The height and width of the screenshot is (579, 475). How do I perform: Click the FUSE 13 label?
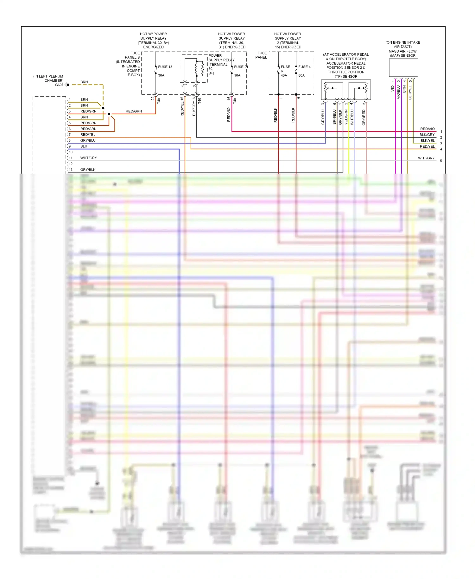click(165, 67)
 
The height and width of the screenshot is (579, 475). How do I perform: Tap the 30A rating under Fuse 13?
click(161, 75)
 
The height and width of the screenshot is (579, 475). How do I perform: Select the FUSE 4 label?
click(304, 67)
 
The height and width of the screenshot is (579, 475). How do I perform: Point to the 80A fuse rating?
click(301, 75)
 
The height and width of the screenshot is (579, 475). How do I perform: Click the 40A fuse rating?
click(284, 75)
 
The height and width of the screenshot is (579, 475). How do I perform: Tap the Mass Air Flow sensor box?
click(403, 67)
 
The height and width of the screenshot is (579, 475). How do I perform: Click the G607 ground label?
click(59, 85)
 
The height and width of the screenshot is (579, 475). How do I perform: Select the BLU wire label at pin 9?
click(84, 146)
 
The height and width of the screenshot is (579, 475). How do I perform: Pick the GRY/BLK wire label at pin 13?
click(88, 170)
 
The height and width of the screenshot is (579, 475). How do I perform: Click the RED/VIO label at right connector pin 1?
click(427, 129)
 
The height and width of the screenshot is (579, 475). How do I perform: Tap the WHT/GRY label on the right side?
click(426, 158)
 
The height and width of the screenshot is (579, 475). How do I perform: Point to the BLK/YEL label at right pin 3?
click(427, 141)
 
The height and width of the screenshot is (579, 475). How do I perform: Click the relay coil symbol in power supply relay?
click(200, 68)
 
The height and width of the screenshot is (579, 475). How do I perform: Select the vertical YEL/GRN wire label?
click(346, 117)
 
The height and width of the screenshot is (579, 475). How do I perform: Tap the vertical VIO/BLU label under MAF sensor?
click(398, 92)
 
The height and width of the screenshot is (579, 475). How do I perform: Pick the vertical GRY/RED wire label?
click(364, 118)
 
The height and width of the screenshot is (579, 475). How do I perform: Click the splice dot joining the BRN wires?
click(103, 108)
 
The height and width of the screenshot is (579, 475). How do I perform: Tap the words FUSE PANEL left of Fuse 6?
click(262, 55)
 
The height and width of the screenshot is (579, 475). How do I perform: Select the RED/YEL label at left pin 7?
click(88, 135)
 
